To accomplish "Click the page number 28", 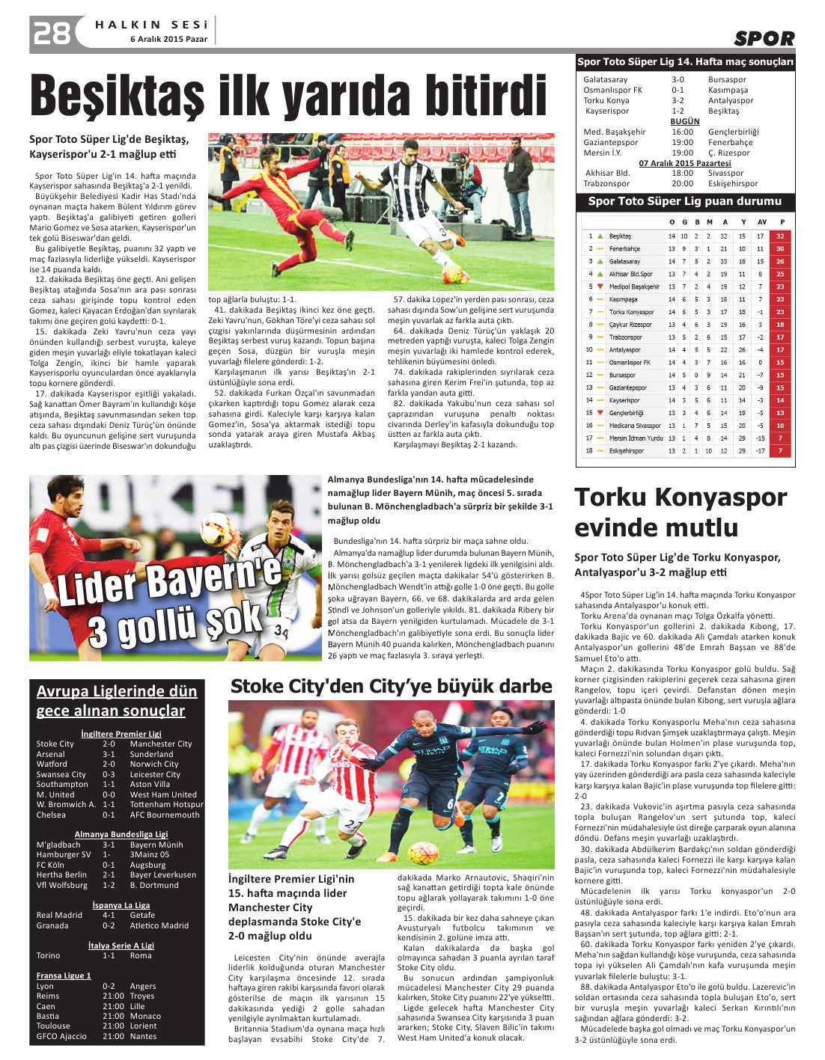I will (x=52, y=33).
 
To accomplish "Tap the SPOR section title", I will (x=764, y=39).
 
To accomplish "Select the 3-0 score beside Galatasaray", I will (x=678, y=79).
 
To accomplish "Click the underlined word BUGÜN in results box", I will (x=685, y=121).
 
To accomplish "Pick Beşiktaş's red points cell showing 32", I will (x=780, y=236).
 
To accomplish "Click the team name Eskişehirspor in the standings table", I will (x=626, y=451).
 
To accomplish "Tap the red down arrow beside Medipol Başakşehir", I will (x=600, y=287).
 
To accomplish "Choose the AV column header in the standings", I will (x=761, y=222).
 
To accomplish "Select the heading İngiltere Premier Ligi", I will (x=121, y=734).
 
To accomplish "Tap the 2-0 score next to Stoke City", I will (x=109, y=744).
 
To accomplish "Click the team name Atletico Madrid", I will (x=159, y=925).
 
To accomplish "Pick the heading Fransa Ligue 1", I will (x=64, y=975).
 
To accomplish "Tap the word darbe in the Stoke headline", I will (x=523, y=687).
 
